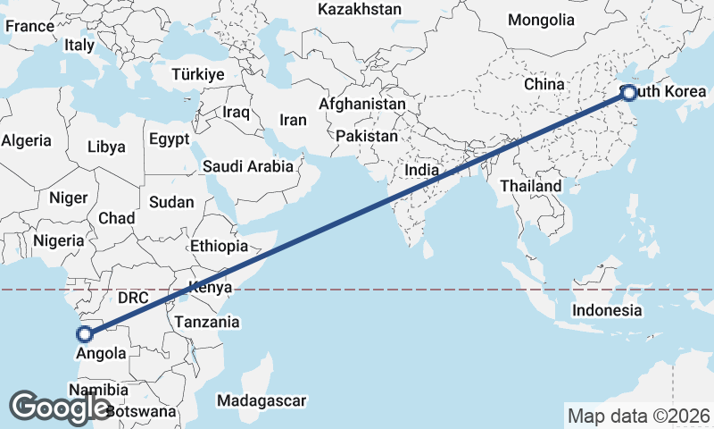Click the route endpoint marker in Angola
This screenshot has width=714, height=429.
[x=85, y=334]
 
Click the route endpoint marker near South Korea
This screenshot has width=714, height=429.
[x=628, y=93]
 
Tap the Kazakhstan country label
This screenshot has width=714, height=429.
[x=360, y=9]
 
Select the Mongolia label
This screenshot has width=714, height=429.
[x=541, y=20]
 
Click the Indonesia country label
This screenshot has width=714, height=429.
[x=607, y=310]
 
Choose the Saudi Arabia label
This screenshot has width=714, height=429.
[x=247, y=166]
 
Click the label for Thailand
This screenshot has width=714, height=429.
[x=531, y=186]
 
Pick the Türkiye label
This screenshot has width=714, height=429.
[x=198, y=74]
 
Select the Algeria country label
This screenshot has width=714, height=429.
[x=27, y=140]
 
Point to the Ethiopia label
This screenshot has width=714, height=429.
[x=219, y=246]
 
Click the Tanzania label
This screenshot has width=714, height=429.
[x=207, y=322]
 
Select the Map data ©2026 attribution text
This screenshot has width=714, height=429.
[x=638, y=416]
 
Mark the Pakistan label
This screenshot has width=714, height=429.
[x=367, y=137]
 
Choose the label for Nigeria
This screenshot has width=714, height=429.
[x=59, y=240]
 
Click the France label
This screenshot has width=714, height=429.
[x=29, y=26]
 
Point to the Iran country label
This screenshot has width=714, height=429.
[x=293, y=120]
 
